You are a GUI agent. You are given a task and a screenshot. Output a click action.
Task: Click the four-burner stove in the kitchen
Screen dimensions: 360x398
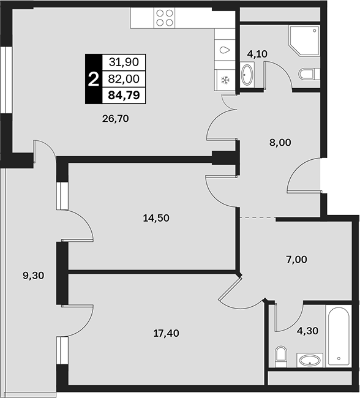tap(165, 18)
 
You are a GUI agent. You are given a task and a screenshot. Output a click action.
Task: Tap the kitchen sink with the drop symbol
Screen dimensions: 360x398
tap(225, 50)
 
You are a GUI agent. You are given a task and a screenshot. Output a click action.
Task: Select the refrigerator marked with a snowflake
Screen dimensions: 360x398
tap(225, 80)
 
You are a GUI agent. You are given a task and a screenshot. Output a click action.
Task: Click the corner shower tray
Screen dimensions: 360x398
tap(304, 40)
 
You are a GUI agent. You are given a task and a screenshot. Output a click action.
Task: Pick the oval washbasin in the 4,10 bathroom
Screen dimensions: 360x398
tap(247, 75)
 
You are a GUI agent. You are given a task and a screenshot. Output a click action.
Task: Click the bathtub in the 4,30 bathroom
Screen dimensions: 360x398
tap(339, 336)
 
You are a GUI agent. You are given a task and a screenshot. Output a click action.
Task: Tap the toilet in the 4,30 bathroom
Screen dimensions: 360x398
tap(280, 356)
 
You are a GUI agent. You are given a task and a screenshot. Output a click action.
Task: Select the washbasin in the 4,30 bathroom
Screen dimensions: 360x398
tap(310, 360)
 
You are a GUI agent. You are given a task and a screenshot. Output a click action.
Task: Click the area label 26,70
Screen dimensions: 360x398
tap(116, 119)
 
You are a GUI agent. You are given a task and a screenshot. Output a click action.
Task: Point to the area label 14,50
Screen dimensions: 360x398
tap(156, 218)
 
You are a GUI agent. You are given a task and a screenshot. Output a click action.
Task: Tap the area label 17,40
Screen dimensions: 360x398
tap(167, 333)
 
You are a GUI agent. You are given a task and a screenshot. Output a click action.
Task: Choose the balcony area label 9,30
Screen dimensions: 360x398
tap(34, 276)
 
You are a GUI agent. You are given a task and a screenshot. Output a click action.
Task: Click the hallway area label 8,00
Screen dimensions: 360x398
tap(280, 143)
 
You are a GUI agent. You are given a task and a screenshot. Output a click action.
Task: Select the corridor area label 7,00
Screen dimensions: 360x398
tap(296, 260)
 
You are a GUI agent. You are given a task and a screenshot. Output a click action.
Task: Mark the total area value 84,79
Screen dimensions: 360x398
tap(124, 95)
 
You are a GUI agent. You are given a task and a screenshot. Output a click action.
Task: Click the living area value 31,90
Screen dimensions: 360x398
tap(124, 62)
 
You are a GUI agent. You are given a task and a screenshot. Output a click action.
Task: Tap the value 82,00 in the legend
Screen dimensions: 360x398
tap(124, 79)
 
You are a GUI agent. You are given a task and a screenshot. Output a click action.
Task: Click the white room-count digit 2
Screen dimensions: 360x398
tap(93, 79)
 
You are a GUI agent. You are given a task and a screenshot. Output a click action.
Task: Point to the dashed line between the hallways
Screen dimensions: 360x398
tap(258, 217)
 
